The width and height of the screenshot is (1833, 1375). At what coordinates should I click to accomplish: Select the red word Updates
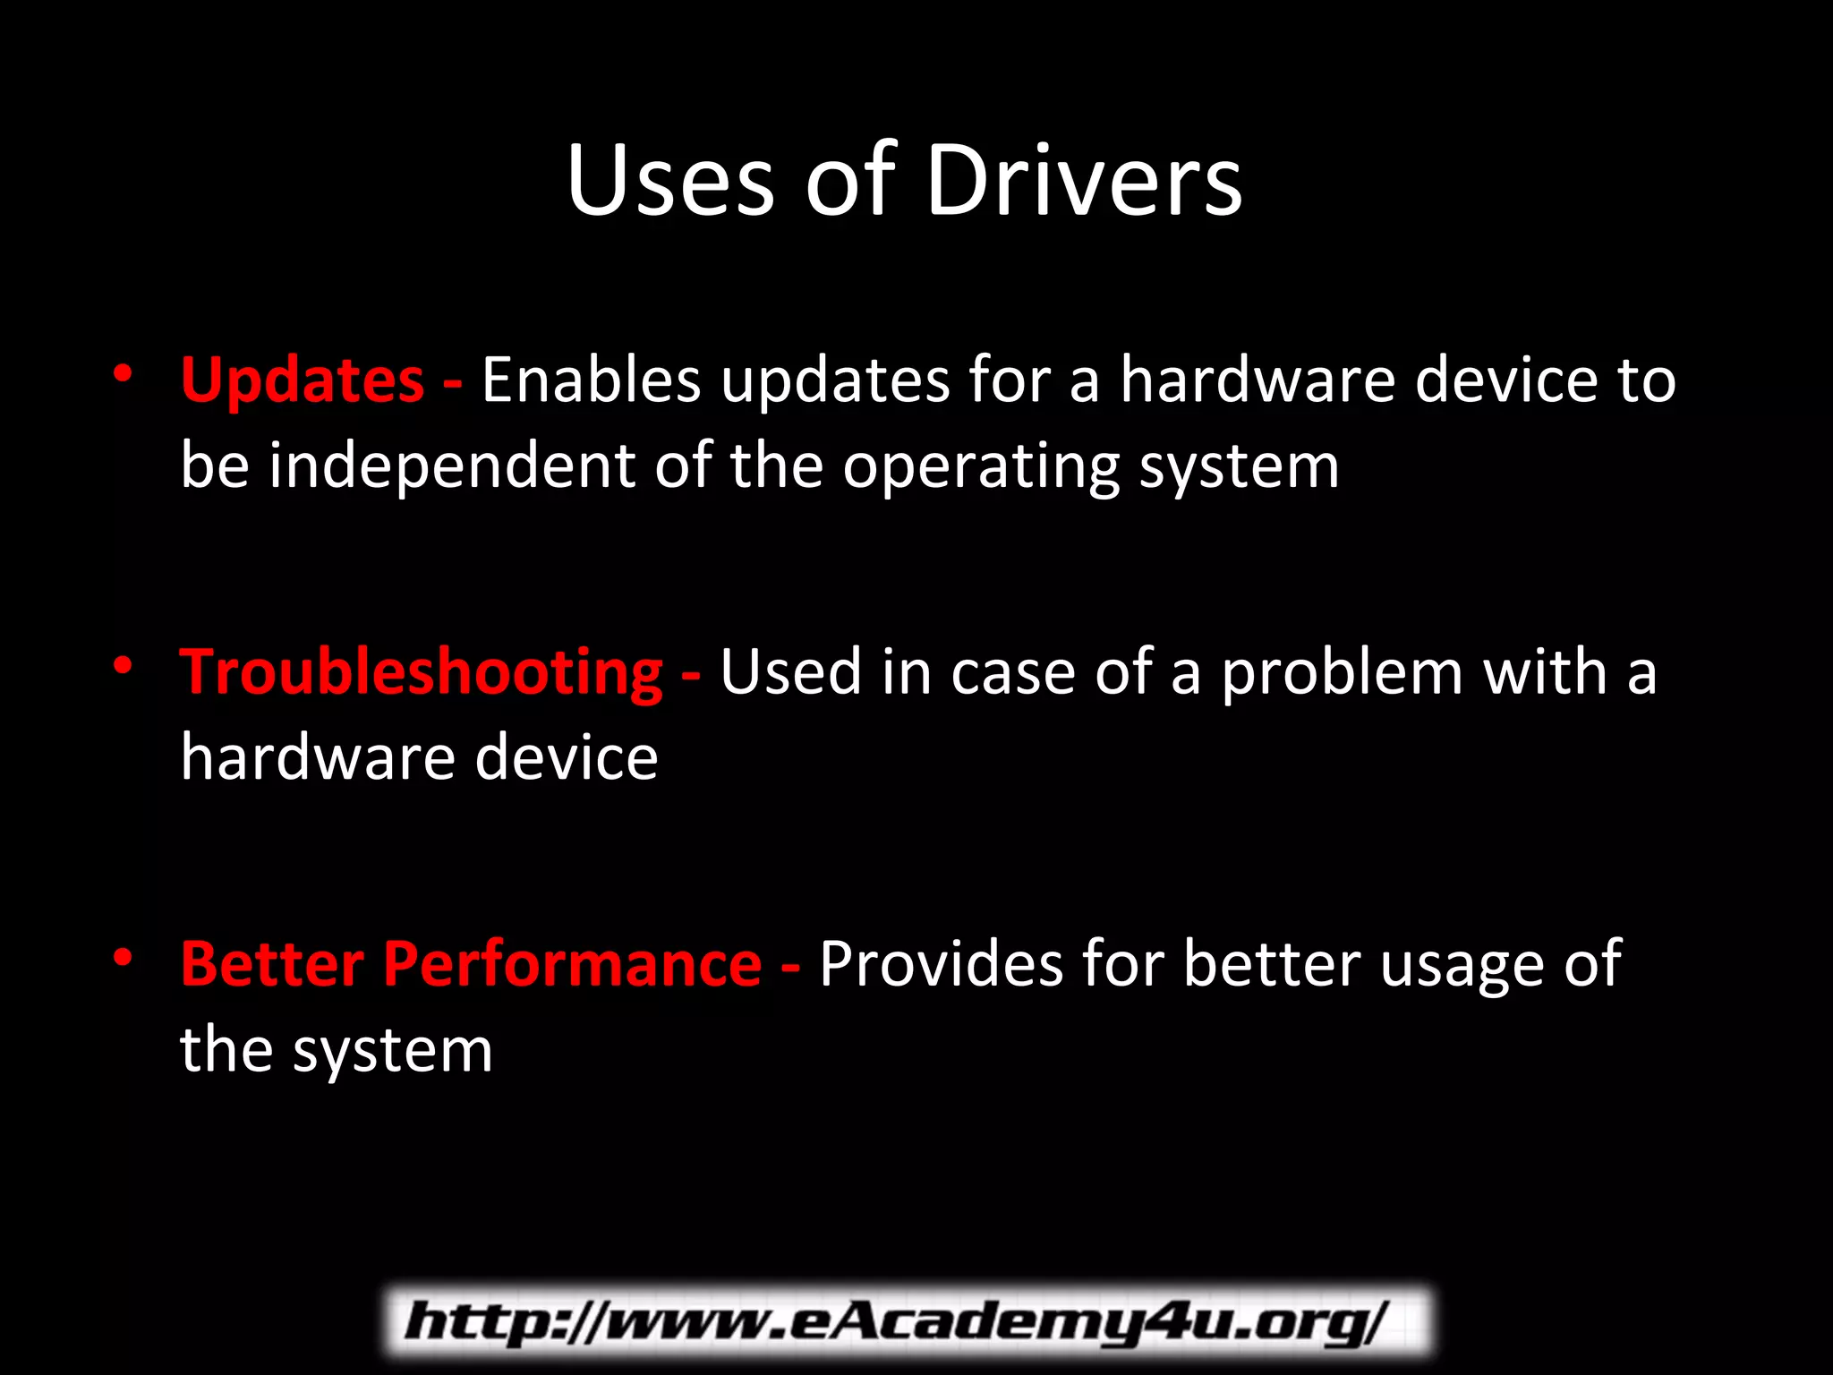303,381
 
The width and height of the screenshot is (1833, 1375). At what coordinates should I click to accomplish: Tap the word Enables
591,381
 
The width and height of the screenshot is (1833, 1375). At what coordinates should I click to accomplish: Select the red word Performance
573,965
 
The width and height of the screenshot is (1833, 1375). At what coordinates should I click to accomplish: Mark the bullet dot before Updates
123,373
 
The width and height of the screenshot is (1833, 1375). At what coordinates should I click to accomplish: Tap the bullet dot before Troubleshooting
123,665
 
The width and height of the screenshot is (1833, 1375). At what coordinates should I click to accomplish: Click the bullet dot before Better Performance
123,957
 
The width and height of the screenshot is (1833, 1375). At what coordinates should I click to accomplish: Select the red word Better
272,965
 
